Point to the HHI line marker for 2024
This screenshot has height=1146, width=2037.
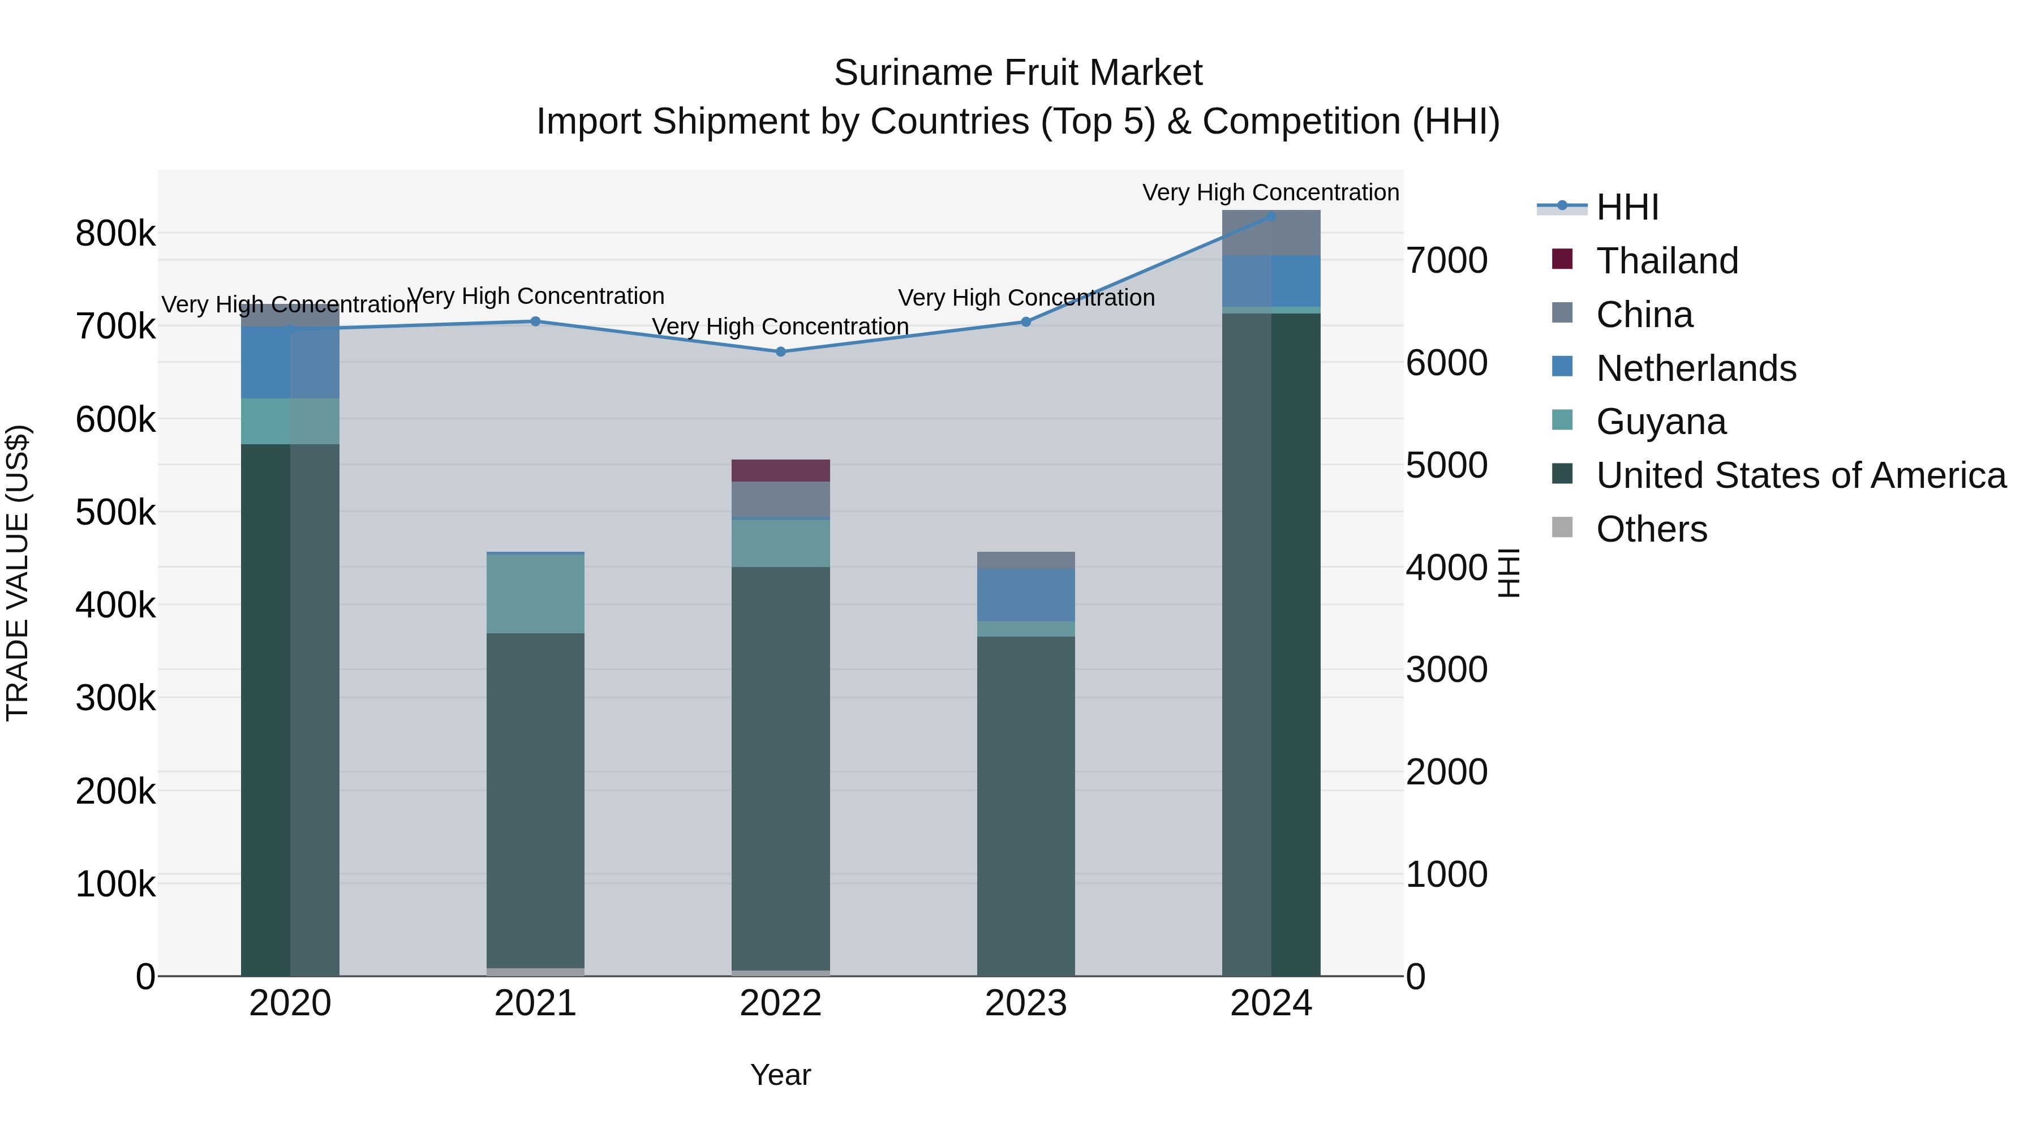click(x=1271, y=217)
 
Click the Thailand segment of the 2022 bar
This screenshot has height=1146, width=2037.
click(x=780, y=471)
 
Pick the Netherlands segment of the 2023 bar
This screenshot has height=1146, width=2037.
click(x=1026, y=595)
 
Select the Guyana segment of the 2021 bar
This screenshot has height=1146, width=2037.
click(x=535, y=593)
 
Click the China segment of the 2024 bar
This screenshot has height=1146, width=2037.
click(x=1271, y=233)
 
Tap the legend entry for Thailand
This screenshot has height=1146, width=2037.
click(x=1666, y=261)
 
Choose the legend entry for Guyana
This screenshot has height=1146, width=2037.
click(x=1661, y=422)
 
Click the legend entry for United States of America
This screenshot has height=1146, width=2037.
click(x=1800, y=475)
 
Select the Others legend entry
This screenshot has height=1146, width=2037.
click(x=1651, y=529)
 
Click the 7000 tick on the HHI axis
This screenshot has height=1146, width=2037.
click(x=1446, y=261)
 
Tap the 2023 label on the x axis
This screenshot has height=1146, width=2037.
click(x=1026, y=1003)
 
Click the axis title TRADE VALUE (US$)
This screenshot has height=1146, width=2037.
click(x=18, y=573)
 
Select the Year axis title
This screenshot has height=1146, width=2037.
click(x=780, y=1075)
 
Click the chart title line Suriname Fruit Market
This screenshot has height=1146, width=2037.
click(x=1018, y=73)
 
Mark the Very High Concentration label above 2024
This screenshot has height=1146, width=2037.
click(x=1271, y=192)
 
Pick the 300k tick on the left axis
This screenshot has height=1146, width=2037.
click(x=115, y=698)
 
